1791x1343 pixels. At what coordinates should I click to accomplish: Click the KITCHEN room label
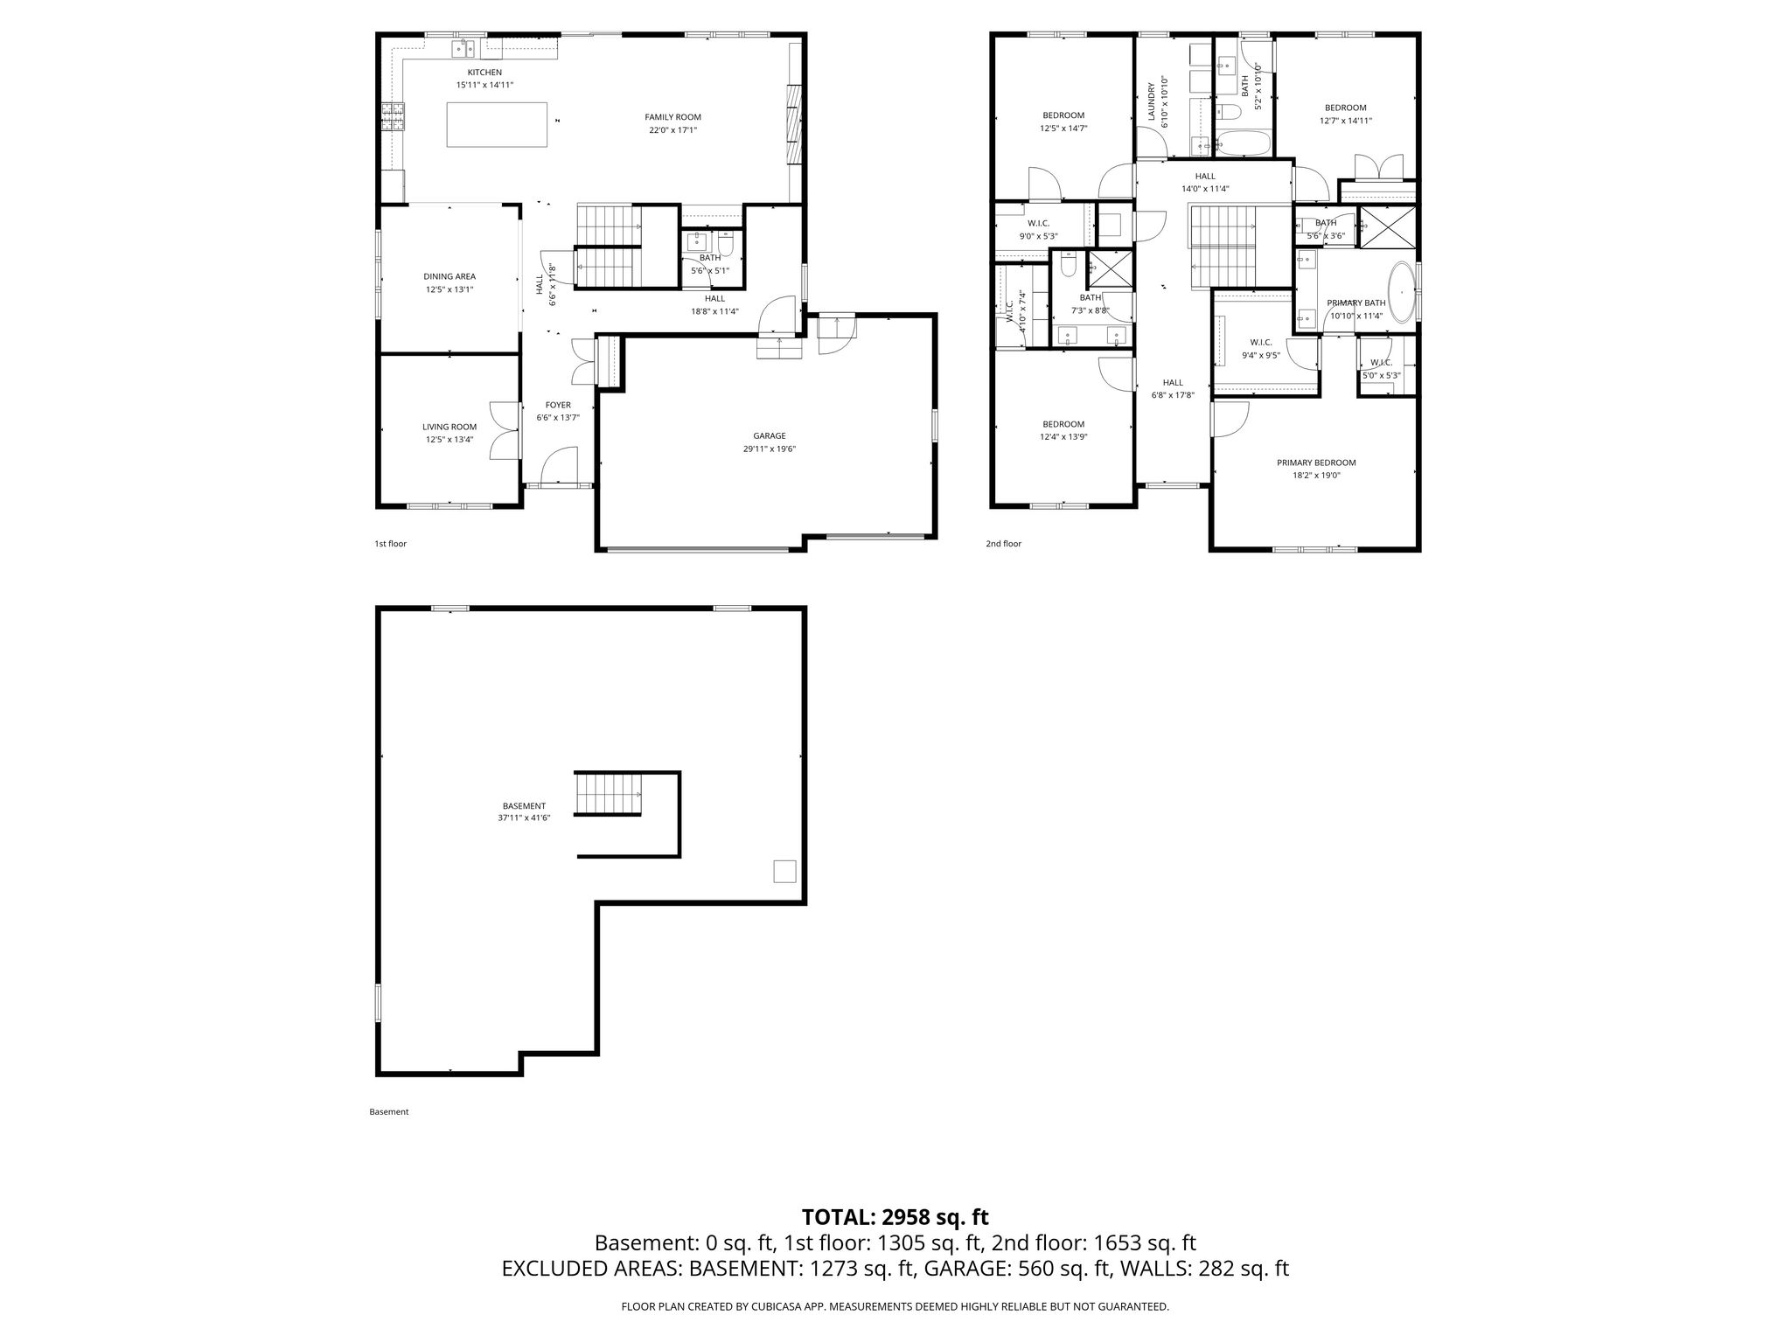coord(484,73)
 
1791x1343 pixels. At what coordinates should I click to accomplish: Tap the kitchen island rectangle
coord(498,124)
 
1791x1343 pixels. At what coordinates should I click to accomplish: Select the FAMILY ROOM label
coord(672,117)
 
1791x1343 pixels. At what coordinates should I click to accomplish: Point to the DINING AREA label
coord(449,276)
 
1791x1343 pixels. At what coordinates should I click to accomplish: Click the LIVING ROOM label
coord(449,427)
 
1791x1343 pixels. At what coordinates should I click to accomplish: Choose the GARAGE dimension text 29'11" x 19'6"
coord(770,449)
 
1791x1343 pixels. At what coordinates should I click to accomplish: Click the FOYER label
coord(558,405)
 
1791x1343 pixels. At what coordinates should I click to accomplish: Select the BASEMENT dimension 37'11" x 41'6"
coord(524,818)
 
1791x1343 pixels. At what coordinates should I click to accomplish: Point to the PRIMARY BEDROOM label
coord(1316,463)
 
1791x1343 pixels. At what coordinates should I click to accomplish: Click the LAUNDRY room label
coord(1153,101)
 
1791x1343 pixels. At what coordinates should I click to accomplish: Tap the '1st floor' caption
coord(390,544)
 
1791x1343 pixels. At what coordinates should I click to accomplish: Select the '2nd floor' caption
coord(1003,544)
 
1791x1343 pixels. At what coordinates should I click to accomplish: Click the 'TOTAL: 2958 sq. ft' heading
coord(895,1217)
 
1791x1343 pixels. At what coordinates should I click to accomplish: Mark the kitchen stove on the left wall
coord(393,116)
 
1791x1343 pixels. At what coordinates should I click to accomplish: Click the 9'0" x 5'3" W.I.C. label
coord(1038,229)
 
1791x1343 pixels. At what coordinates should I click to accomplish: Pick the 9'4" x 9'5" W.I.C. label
coord(1260,349)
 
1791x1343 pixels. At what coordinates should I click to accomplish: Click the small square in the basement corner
coord(784,872)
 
